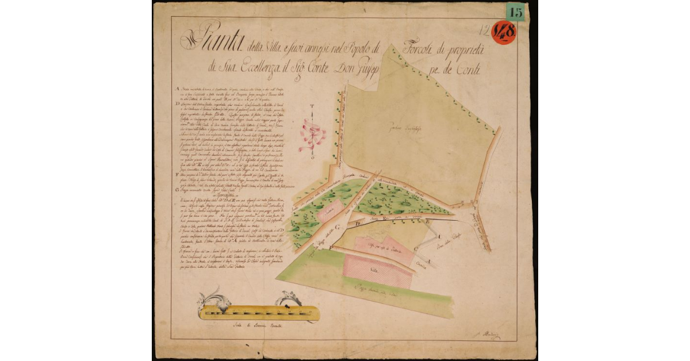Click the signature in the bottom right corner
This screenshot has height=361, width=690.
(x=490, y=335)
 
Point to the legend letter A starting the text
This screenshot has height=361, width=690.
(x=175, y=89)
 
